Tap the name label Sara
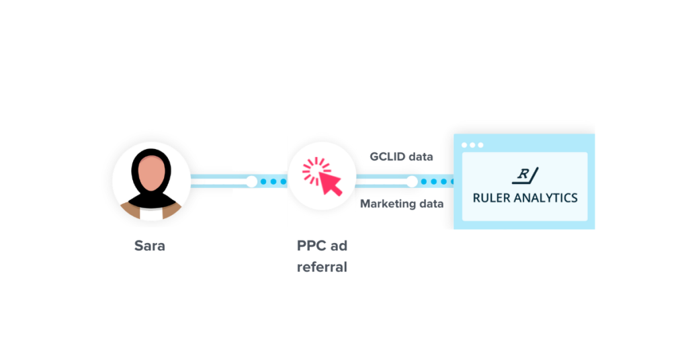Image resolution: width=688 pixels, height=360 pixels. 149,246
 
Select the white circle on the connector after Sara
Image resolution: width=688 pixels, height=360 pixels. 251,181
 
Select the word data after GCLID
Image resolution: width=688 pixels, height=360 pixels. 422,156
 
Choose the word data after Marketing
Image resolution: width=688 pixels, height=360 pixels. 431,204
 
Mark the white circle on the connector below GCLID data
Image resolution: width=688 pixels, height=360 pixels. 412,181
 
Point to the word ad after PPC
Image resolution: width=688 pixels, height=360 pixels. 338,246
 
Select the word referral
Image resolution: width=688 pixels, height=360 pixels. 322,267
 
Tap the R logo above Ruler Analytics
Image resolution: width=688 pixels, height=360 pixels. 525,176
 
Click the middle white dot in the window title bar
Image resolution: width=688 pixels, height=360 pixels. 472,145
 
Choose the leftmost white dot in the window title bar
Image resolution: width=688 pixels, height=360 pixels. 464,145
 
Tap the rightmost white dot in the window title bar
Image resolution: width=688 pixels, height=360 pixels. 480,145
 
